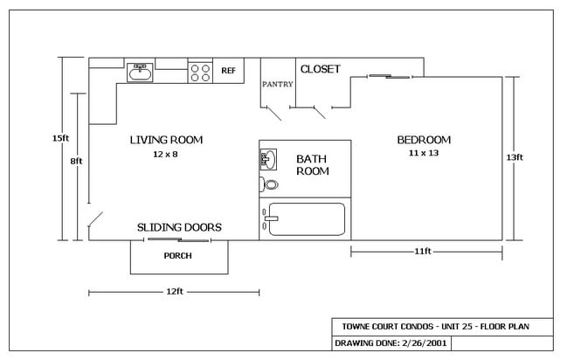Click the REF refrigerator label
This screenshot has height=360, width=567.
coord(228,71)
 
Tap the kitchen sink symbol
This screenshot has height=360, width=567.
coord(140,73)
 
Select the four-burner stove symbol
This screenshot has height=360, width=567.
coord(200,73)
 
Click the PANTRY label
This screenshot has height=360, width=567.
coord(277,84)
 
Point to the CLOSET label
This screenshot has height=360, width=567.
coord(321,69)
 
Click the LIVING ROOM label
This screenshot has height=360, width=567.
coord(166,140)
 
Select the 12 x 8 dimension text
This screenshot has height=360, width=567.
coord(165,154)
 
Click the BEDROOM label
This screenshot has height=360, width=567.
coord(424,140)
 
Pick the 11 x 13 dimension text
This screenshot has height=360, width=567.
coord(424,153)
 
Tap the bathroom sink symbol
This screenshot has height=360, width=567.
coord(268,159)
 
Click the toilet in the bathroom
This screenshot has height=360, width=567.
coord(269,185)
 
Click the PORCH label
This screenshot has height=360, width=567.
coord(177,256)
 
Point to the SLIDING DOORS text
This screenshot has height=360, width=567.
coord(179,227)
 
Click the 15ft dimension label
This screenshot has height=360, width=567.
coord(60,138)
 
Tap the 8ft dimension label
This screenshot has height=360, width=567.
coord(76,161)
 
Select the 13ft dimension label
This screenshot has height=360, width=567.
coord(515,157)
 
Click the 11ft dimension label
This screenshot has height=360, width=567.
coord(423,251)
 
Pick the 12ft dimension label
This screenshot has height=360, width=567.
coord(175,291)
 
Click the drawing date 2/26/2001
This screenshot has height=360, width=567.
coord(425,343)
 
